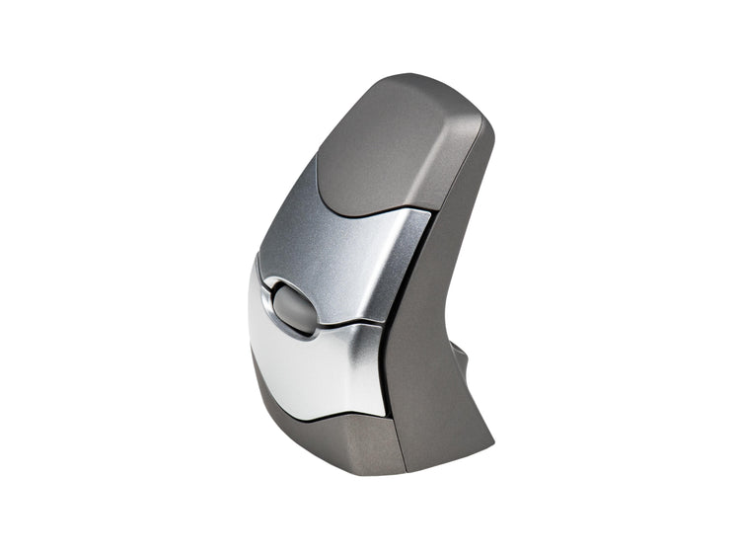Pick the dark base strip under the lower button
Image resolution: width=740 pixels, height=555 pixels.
[316, 430]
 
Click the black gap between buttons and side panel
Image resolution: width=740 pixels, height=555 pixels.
[395, 326]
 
